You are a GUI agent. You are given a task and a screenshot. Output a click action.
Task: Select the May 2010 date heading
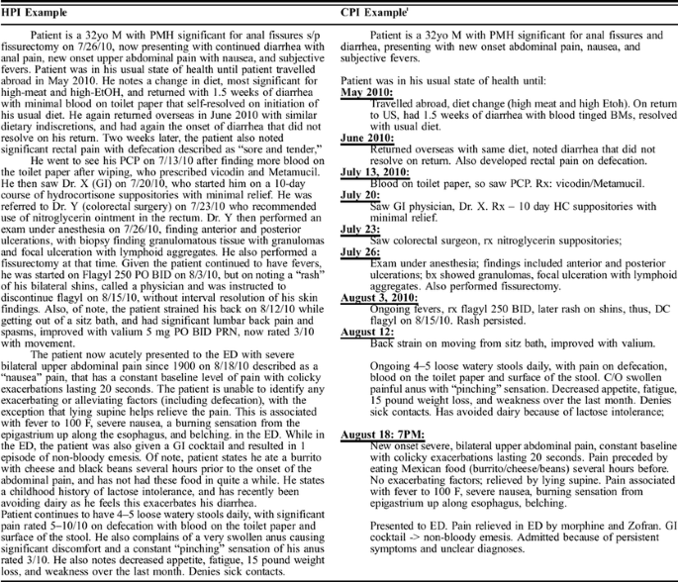click(367, 91)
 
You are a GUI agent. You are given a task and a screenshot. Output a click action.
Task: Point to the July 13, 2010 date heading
click(379, 173)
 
